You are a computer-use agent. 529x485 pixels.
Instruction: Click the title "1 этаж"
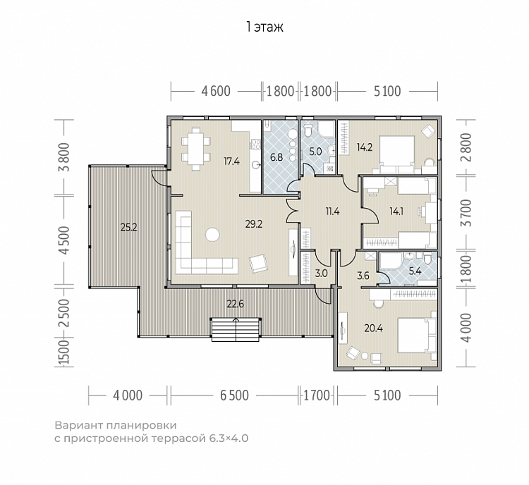coord(264,27)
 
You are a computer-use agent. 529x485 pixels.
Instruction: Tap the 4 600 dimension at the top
coord(216,91)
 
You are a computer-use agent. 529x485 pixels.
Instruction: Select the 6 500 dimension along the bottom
coord(234,395)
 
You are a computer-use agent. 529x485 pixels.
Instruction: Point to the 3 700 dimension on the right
coord(466,213)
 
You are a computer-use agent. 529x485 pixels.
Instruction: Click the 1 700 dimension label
coord(317,395)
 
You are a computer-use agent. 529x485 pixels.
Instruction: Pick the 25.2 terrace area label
coord(129,227)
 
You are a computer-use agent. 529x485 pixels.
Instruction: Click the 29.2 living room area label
coord(254,224)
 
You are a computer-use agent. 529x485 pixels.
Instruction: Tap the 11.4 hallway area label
coord(332,211)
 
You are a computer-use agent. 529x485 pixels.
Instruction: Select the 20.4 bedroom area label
coord(373,328)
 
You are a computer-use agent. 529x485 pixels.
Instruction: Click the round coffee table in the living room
coord(212,235)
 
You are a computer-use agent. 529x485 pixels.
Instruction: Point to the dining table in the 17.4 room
coord(196,149)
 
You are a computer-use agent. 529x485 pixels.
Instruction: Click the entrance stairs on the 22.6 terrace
coord(236,329)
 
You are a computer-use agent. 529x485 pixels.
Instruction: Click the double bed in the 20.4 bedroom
coord(417,335)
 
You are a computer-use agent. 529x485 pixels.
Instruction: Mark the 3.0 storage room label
coord(321,274)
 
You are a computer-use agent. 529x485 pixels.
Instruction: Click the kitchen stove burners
coord(255,145)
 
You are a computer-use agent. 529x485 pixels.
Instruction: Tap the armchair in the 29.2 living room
coord(258,263)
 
